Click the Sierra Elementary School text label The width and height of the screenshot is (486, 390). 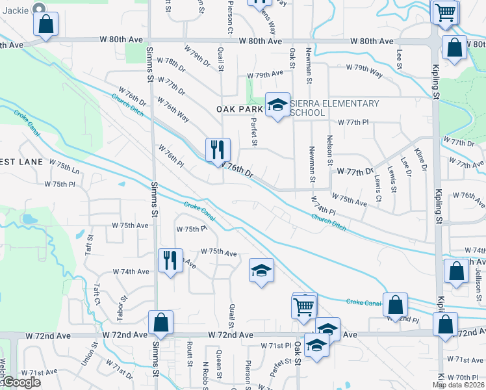click(x=335, y=108)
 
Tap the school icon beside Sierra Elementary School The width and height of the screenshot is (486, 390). click(x=277, y=105)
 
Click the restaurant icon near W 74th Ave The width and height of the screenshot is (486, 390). click(x=170, y=261)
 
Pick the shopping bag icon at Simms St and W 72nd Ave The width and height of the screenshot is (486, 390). click(x=160, y=322)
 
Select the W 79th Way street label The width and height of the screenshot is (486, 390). click(x=364, y=68)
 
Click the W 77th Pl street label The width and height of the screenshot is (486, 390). click(x=353, y=122)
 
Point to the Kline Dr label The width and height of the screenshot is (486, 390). click(x=423, y=159)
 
